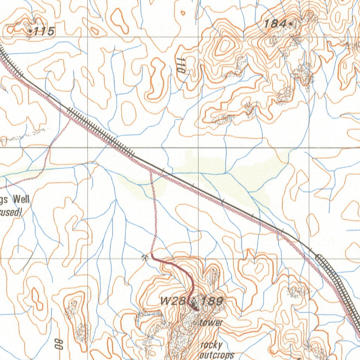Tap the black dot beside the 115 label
point(31,32)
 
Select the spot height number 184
point(275,24)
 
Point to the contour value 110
point(181,65)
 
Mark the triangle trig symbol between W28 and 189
point(193,301)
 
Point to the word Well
point(21,200)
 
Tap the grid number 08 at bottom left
point(59,344)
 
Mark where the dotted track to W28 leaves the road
point(150,169)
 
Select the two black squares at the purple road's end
point(194,309)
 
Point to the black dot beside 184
point(291,24)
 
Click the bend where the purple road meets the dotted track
point(152,254)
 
